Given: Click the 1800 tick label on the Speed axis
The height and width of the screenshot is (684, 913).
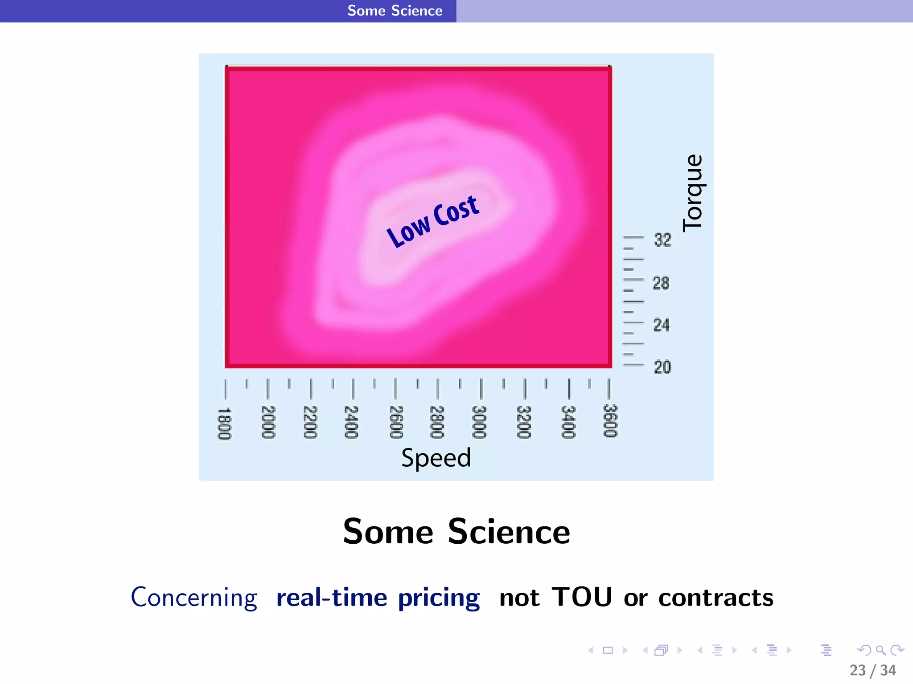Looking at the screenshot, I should coord(224,423).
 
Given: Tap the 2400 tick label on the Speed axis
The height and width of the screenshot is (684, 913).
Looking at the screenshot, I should coord(351,422).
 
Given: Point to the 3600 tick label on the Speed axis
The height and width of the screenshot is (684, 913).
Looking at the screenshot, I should coord(610,421).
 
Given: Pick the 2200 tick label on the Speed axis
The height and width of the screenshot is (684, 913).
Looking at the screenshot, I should coord(310,422).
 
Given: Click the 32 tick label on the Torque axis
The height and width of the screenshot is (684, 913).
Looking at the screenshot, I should coord(662,240).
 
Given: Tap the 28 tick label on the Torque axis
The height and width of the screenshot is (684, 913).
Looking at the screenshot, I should coord(661,283).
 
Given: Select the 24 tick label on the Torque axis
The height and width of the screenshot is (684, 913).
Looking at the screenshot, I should coord(662,325).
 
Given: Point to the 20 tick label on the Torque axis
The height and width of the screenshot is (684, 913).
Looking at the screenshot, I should coord(662,367).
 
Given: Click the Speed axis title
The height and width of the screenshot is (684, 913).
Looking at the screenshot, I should coord(436,458).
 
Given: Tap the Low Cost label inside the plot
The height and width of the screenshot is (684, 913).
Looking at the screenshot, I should coord(433,221).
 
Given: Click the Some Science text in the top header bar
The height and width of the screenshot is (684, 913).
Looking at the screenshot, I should coord(395,11).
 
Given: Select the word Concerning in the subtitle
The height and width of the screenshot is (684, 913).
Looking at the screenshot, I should coord(194,598).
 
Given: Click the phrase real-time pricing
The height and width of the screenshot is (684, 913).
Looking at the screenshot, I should coord(378,598).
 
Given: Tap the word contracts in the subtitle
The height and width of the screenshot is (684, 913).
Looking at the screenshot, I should coord(716,598).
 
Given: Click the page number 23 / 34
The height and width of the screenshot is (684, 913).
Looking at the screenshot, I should coord(872,670).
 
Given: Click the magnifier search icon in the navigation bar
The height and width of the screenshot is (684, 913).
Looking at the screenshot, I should coord(880,651).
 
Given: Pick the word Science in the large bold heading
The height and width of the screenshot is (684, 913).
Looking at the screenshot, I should coord(509,532).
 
